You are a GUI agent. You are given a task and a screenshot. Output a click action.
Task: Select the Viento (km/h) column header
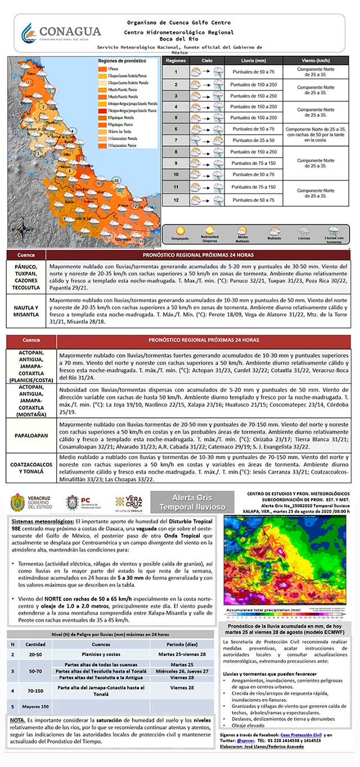pyautogui.click(x=314, y=60)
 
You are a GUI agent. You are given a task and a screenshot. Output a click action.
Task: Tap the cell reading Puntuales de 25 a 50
pyautogui.click(x=252, y=140)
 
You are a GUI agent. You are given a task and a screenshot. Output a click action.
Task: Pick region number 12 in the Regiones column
pyautogui.click(x=175, y=200)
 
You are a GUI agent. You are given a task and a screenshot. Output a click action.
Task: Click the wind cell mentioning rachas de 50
pyautogui.click(x=314, y=134)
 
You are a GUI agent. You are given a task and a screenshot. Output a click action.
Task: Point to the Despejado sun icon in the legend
pyautogui.click(x=180, y=231)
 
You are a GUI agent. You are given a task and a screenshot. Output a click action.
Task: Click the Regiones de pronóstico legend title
pyautogui.click(x=121, y=60)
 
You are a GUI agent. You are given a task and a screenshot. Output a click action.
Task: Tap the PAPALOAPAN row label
pyautogui.click(x=31, y=435)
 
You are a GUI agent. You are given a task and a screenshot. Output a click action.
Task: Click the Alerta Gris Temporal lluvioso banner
pyautogui.click(x=192, y=502)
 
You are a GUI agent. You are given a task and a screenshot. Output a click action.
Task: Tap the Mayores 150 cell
pyautogui.click(x=35, y=706)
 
